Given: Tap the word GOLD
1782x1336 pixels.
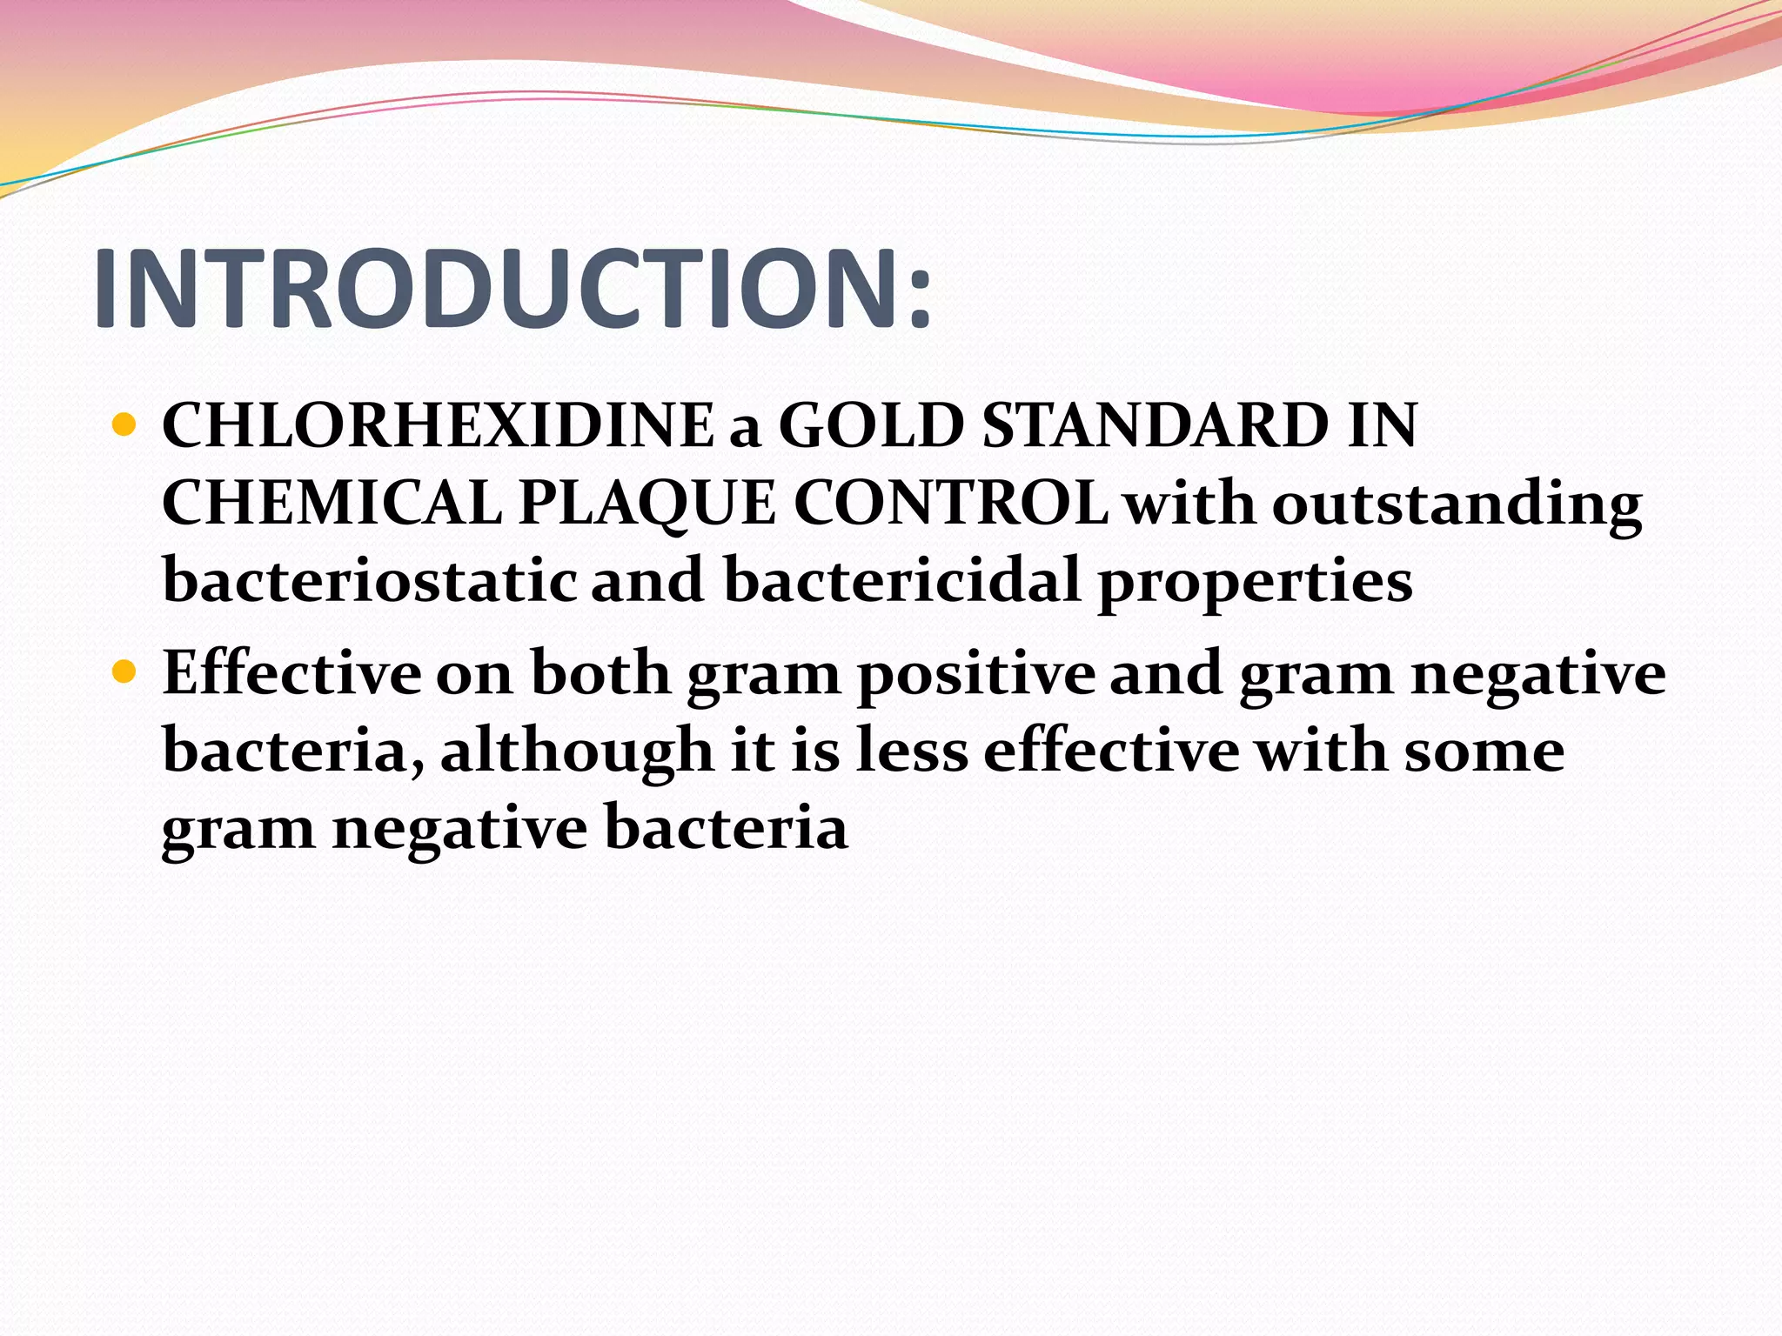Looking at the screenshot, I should [871, 426].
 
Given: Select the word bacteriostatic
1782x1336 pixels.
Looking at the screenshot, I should [370, 580].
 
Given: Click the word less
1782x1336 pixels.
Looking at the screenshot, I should [911, 750].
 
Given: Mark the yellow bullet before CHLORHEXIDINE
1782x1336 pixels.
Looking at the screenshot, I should [125, 426].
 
